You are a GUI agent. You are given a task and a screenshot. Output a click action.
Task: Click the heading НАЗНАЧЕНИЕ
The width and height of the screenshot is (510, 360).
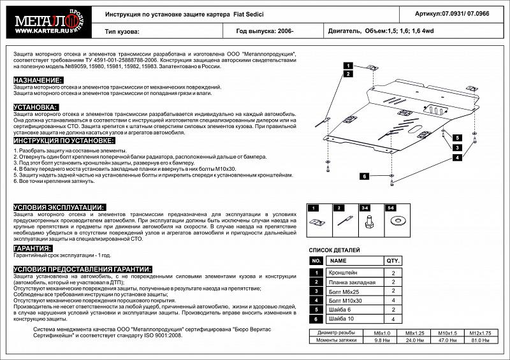(x=38, y=80)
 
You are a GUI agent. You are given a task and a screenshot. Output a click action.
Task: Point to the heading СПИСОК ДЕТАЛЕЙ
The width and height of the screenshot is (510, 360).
(x=334, y=250)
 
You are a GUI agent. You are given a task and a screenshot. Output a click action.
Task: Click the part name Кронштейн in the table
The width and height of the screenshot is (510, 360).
(x=344, y=273)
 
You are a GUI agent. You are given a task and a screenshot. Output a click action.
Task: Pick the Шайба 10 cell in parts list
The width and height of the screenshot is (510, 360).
(x=344, y=319)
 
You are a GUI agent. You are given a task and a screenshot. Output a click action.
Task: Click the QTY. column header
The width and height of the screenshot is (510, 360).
(x=393, y=261)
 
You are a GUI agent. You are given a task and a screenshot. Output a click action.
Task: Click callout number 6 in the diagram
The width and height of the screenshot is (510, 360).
(x=365, y=176)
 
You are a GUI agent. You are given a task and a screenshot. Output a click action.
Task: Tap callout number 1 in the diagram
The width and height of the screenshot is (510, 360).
(x=349, y=66)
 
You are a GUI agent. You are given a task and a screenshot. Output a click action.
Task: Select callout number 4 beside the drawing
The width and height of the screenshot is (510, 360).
(x=457, y=157)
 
